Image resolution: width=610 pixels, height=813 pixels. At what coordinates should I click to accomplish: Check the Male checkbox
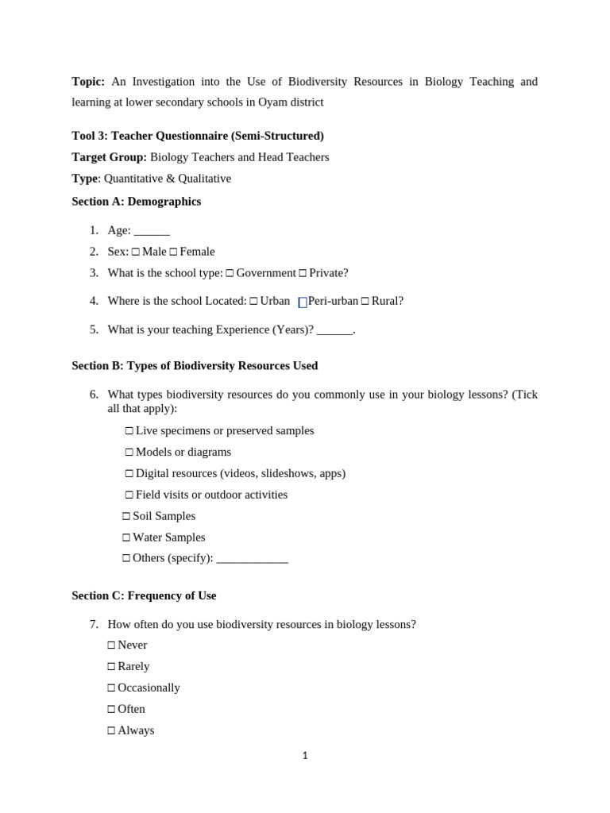(x=136, y=252)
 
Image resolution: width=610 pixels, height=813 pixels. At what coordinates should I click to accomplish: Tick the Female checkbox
(x=173, y=252)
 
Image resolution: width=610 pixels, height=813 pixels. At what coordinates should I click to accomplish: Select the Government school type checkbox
(x=230, y=273)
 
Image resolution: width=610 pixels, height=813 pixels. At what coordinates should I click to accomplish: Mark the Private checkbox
(x=303, y=273)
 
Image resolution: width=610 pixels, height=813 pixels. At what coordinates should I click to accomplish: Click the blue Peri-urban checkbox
(x=303, y=302)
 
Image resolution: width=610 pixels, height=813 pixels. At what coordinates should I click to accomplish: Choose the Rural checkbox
(x=365, y=301)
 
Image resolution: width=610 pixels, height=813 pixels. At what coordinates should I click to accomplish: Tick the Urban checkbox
(x=253, y=301)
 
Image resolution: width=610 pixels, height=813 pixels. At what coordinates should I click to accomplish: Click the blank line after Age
(x=152, y=231)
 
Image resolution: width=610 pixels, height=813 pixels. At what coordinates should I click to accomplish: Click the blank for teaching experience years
(x=334, y=330)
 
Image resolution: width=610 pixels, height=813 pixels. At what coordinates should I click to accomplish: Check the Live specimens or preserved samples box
(x=129, y=431)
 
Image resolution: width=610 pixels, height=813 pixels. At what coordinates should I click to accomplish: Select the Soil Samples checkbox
(x=126, y=516)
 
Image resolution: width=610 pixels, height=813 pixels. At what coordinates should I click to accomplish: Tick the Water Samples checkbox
(x=126, y=538)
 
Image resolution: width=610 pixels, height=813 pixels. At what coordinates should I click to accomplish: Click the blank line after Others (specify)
(x=252, y=559)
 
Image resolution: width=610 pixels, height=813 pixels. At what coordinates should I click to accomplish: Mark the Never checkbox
(x=111, y=645)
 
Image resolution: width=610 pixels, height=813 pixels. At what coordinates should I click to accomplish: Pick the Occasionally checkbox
(x=111, y=688)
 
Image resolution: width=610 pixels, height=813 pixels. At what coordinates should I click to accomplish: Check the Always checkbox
(x=111, y=731)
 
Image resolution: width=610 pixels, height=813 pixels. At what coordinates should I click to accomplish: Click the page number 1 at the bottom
(x=305, y=756)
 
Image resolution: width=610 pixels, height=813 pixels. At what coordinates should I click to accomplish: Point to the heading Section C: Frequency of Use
(x=144, y=595)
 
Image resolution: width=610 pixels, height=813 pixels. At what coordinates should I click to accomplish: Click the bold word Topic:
(x=88, y=82)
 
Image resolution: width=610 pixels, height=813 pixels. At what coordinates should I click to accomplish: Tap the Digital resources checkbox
(x=129, y=474)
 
